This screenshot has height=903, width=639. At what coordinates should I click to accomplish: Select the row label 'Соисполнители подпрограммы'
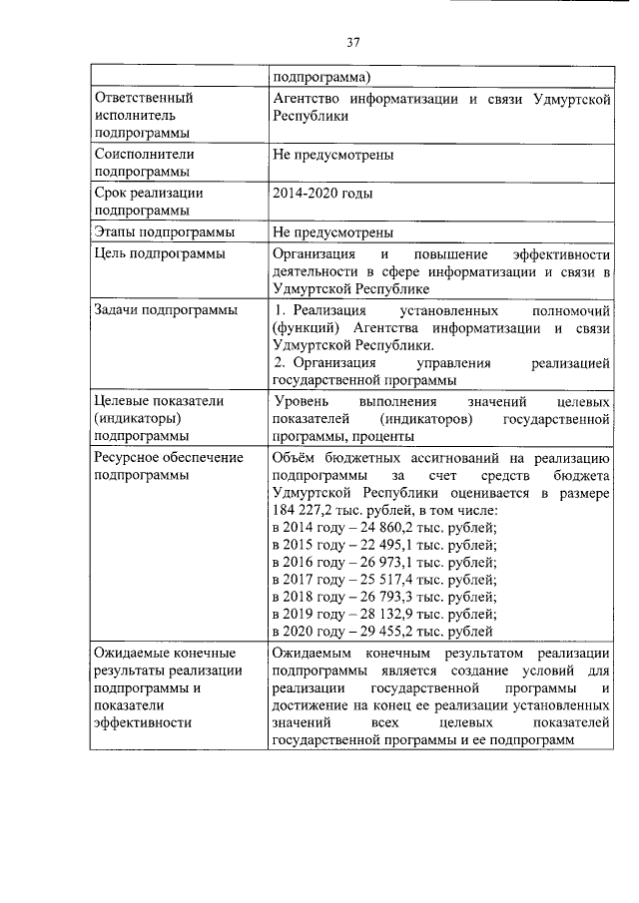pos(144,163)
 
